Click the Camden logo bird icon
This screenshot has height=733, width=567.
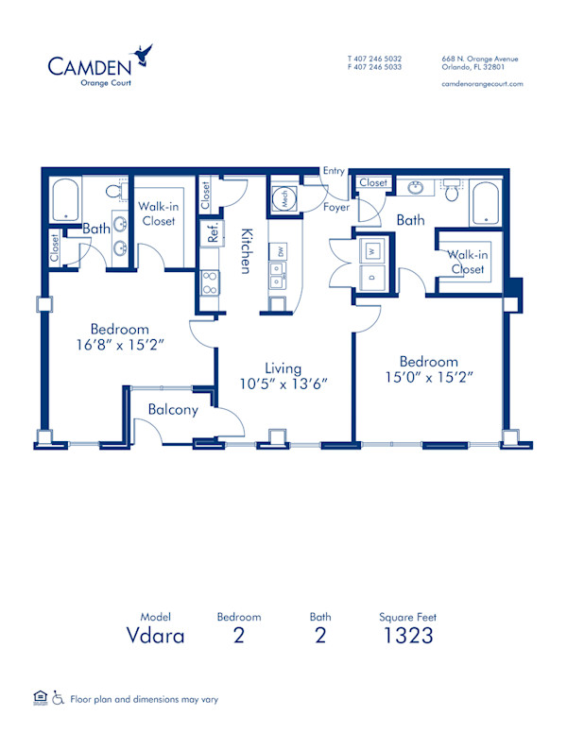(145, 56)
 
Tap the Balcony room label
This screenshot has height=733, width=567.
(173, 410)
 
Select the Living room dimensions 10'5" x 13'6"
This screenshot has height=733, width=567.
(283, 384)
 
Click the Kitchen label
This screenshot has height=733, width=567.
(244, 251)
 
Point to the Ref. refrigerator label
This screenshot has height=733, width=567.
(214, 233)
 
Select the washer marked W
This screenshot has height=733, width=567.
(373, 251)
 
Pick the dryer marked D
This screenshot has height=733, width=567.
(373, 278)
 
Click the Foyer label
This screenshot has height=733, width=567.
(336, 206)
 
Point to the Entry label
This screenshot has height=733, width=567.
(334, 171)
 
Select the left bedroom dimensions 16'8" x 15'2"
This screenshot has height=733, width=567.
(123, 345)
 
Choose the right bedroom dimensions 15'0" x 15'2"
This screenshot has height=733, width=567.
(428, 377)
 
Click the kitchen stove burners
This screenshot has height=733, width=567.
(210, 282)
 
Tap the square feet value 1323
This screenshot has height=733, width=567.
(408, 636)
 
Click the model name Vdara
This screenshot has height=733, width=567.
(156, 636)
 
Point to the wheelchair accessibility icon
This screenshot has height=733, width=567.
(57, 698)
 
